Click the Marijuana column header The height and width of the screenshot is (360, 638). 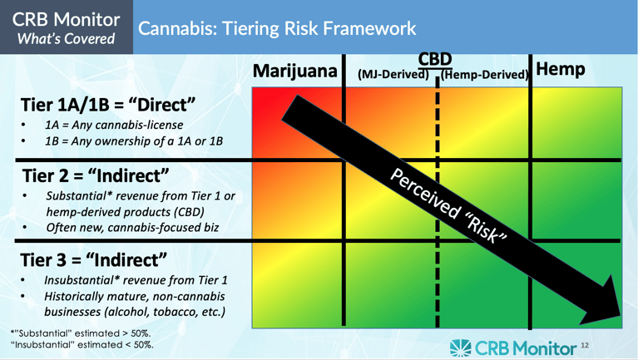295,72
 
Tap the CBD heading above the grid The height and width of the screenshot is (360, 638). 435,60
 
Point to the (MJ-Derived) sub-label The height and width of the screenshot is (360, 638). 393,75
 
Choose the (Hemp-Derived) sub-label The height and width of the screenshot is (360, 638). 485,75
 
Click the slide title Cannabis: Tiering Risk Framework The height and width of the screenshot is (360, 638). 277,28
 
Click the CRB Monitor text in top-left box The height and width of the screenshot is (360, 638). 66,18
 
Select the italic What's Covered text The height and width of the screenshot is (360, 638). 66,37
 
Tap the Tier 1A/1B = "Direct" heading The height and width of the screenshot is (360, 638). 108,106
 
